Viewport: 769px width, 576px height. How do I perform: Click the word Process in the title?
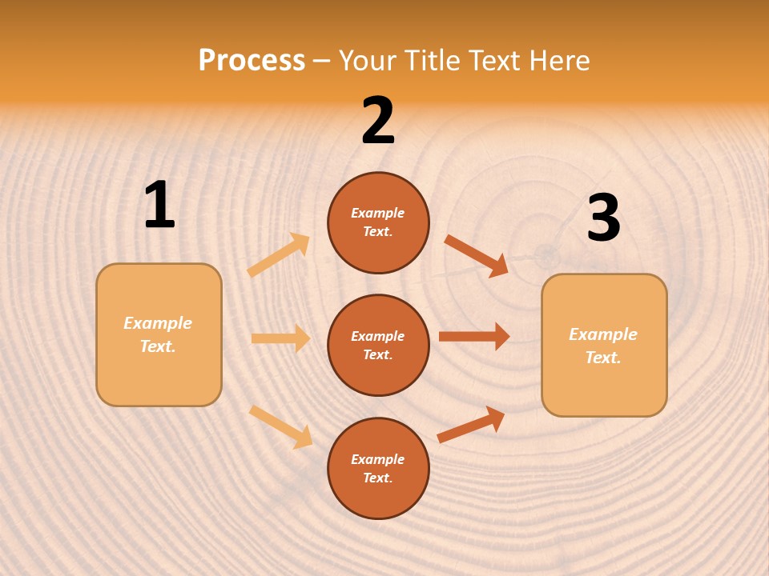pos(252,60)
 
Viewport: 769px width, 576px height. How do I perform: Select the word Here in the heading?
pos(558,60)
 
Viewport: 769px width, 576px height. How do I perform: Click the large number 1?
pos(159,206)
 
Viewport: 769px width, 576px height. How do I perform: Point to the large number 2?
pos(378,121)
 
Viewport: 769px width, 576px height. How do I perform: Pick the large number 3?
pos(603,218)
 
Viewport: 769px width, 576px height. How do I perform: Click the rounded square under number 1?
pos(159,334)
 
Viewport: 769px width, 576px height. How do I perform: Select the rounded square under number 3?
pos(604,345)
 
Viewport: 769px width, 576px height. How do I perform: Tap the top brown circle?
pos(378,222)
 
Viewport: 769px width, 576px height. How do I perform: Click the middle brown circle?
pos(378,345)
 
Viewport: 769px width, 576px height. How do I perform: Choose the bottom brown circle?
pos(378,468)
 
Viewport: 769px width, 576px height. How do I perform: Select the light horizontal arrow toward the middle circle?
pos(280,338)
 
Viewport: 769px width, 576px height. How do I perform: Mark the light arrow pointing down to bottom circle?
pos(281,426)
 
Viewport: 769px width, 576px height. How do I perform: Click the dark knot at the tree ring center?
pos(547,255)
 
